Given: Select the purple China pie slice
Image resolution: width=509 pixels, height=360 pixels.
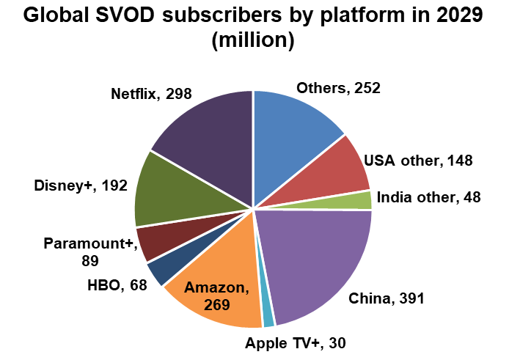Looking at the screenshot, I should point(319,260).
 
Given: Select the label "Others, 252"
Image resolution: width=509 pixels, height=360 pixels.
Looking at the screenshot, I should point(338,88).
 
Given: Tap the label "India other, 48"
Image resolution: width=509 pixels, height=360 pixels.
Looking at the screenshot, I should point(428,198).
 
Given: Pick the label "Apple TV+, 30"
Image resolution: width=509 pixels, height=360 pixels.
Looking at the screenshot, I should point(295,342).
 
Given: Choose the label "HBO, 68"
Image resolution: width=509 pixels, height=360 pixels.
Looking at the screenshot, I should point(117,285).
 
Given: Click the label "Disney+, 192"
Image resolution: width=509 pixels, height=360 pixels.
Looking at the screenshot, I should point(80,185).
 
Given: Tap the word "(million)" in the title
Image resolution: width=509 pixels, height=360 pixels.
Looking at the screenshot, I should point(253,41).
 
